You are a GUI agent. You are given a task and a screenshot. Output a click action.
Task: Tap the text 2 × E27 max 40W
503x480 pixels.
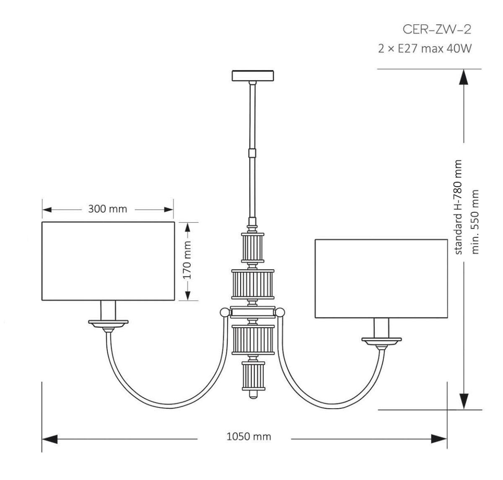pyautogui.click(x=425, y=49)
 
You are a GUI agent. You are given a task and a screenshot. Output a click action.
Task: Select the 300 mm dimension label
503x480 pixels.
pyautogui.click(x=107, y=209)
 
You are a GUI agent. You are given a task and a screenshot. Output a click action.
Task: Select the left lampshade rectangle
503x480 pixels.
pyautogui.click(x=108, y=261)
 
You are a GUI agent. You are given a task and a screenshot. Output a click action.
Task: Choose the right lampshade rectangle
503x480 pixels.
pyautogui.click(x=381, y=279)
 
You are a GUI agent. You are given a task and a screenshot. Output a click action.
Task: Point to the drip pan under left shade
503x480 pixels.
pyautogui.click(x=108, y=323)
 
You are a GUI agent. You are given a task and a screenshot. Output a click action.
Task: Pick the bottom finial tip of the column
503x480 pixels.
pyautogui.click(x=253, y=395)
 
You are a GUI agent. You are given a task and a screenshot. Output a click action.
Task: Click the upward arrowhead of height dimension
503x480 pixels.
pyautogui.click(x=464, y=78)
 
